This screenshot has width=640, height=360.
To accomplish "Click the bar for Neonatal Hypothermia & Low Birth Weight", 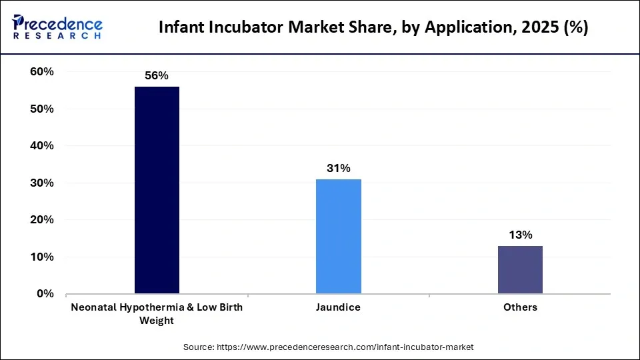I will pos(157,190).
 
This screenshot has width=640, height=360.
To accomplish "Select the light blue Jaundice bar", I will pos(338,236).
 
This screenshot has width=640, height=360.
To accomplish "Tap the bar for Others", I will pos(520,269).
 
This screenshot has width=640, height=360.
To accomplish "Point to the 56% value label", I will pos(157,76).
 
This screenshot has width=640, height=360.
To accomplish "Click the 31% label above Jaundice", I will pos(338,169).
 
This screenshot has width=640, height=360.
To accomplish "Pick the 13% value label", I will pos(520,235).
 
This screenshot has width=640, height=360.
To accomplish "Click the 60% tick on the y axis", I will pos(42,72).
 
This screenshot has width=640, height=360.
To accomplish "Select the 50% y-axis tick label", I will pos(42,109).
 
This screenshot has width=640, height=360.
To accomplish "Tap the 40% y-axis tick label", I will pos(42,146).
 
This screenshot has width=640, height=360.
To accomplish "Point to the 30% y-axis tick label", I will pos(42,183).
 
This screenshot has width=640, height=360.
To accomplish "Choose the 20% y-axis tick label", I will pos(42,220).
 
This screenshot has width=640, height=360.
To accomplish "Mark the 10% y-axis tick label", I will pos(42,257).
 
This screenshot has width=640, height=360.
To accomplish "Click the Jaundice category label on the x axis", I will pos(338,307).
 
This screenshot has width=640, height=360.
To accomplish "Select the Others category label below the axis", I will pos(520,307).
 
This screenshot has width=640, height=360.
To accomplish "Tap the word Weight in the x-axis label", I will pos(157,321).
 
